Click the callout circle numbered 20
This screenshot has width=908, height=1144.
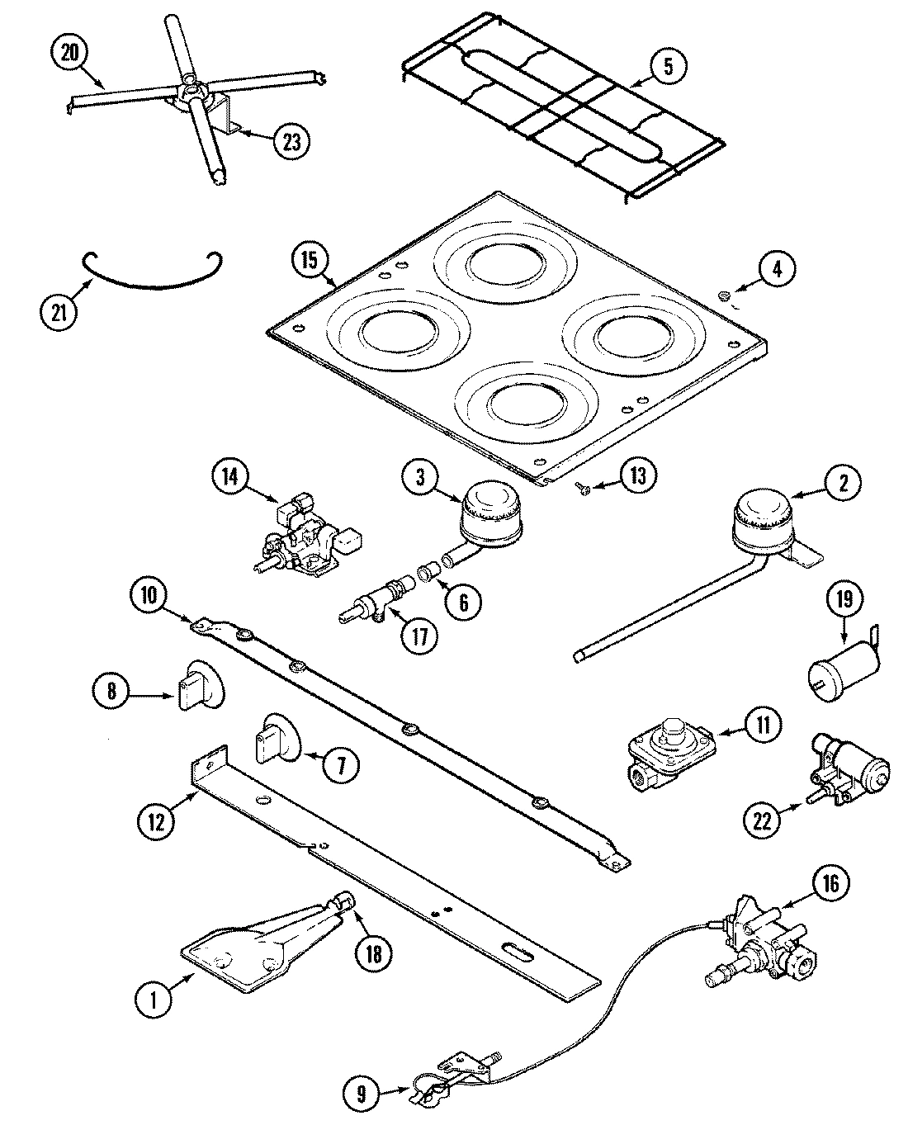72,53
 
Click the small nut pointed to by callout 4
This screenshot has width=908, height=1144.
724,295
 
